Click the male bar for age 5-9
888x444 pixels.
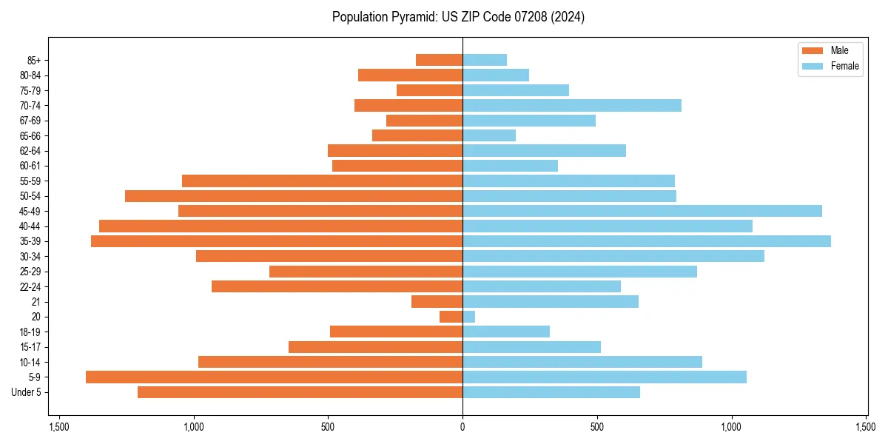pyautogui.click(x=274, y=377)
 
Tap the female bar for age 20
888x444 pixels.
pyautogui.click(x=469, y=317)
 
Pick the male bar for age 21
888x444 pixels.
pyautogui.click(x=437, y=302)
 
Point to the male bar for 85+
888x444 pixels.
pyautogui.click(x=440, y=60)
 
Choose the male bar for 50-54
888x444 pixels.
pyautogui.click(x=294, y=196)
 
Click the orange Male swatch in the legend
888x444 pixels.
pyautogui.click(x=813, y=50)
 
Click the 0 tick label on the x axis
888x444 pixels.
pyautogui.click(x=462, y=428)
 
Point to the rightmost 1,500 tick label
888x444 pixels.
pyautogui.click(x=866, y=428)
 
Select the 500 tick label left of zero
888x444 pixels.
pyautogui.click(x=328, y=428)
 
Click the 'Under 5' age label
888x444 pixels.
pyautogui.click(x=27, y=392)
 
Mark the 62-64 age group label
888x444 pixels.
pyautogui.click(x=30, y=151)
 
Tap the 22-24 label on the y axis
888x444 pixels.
pyautogui.click(x=30, y=286)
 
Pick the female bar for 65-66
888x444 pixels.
pyautogui.click(x=489, y=135)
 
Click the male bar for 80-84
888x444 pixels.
pyautogui.click(x=411, y=75)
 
